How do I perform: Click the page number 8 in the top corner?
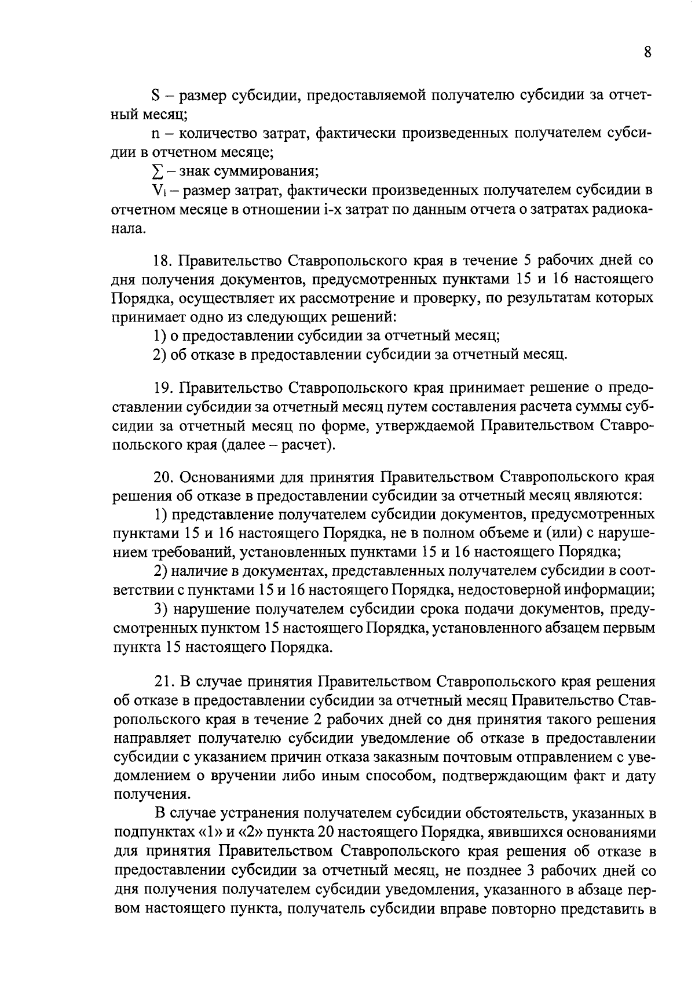click(x=648, y=52)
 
